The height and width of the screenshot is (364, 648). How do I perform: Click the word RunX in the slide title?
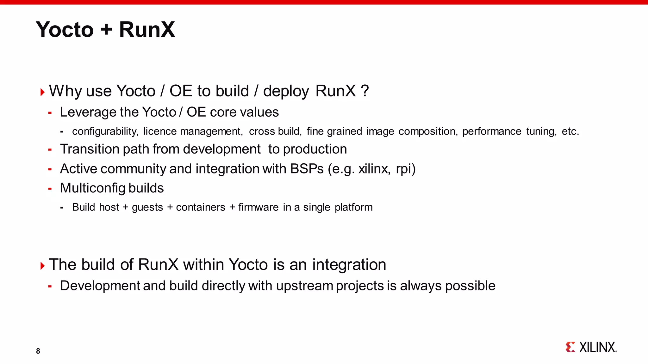(147, 29)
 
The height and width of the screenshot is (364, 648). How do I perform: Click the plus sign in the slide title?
(106, 29)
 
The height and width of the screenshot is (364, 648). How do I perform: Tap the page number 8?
(38, 351)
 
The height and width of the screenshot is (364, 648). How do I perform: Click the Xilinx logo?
(591, 347)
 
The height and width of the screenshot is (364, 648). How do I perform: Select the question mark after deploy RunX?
(364, 91)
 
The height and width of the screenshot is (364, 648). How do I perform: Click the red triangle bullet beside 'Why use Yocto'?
(42, 92)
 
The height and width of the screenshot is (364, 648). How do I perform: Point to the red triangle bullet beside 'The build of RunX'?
(42, 266)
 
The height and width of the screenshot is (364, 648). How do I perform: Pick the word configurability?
(105, 131)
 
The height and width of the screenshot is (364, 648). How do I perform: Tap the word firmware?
(259, 207)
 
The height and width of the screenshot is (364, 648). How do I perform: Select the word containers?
(201, 207)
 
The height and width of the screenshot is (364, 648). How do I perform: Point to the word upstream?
(304, 286)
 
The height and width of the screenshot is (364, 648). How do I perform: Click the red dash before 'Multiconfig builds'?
(50, 189)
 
